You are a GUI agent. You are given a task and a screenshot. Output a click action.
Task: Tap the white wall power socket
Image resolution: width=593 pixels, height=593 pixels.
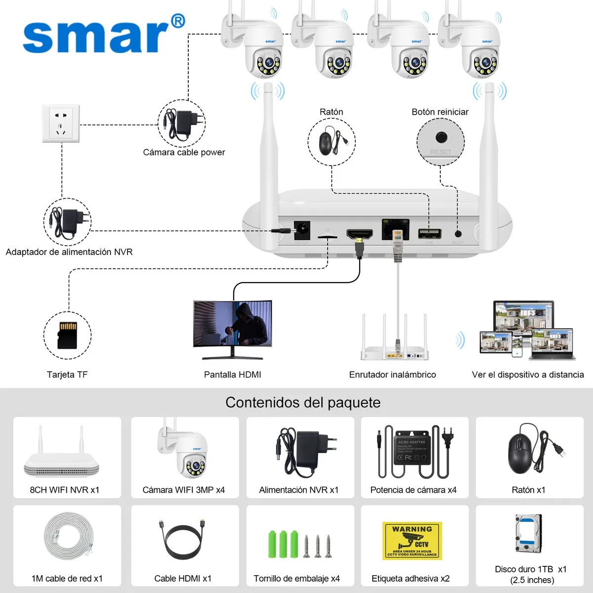click(61, 124)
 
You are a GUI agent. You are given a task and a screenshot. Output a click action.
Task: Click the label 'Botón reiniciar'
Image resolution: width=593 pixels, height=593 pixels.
click(440, 112)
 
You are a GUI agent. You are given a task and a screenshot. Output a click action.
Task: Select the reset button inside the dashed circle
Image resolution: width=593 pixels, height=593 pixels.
click(441, 137)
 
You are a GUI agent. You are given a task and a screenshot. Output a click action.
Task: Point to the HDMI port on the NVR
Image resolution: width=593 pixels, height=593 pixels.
click(359, 233)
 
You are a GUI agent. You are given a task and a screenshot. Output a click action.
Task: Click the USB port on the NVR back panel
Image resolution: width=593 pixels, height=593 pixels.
click(429, 233)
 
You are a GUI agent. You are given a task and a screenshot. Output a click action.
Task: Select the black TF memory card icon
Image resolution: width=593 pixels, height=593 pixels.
click(68, 335)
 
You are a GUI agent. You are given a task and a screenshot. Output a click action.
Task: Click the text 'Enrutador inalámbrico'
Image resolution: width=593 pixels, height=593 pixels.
click(392, 375)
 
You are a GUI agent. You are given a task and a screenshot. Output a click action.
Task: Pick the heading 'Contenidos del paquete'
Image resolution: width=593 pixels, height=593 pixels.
click(303, 402)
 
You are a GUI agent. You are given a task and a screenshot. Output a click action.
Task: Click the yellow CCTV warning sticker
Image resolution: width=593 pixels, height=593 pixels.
click(412, 541)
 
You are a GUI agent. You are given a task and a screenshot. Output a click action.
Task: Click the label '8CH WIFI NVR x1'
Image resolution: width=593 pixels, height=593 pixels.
click(65, 490)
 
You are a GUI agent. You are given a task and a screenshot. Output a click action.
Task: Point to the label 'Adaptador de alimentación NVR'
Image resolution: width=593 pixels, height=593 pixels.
click(69, 252)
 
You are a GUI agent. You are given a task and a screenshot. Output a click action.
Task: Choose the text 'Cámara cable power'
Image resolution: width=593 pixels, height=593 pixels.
click(184, 152)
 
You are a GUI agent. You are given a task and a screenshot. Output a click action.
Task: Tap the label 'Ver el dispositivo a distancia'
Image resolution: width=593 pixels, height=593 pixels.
click(528, 375)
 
